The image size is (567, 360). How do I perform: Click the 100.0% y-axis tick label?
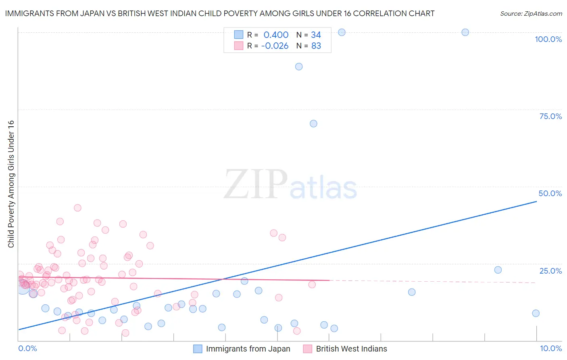548,39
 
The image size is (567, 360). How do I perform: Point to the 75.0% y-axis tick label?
550,116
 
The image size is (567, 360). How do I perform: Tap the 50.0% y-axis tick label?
550,193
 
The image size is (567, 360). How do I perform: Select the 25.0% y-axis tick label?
550,271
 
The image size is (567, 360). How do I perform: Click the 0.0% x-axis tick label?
27,348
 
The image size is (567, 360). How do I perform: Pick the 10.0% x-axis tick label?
550,348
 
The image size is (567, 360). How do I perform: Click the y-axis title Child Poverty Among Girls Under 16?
11,184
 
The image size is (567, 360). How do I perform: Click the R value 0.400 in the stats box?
276,35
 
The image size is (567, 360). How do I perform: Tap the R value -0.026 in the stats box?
275,46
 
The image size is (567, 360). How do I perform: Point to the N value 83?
316,46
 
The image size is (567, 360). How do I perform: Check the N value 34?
316,35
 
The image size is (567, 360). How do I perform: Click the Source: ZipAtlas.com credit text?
531,14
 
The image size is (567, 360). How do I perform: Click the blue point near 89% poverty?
299,67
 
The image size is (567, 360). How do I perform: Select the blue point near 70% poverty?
313,123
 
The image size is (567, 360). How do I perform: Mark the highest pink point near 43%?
77,208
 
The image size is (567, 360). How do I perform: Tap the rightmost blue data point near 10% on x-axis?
536,313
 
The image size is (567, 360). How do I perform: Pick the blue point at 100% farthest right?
465,32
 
